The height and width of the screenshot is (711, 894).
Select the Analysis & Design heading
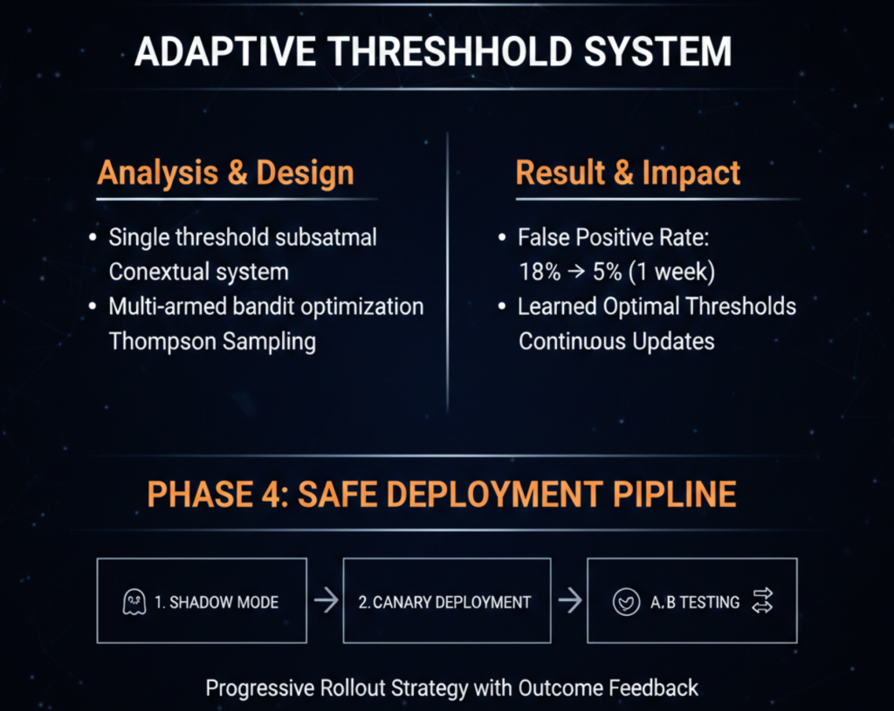[x=226, y=173]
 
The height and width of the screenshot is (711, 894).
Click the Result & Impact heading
[x=628, y=173]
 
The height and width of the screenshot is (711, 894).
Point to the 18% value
[x=540, y=272]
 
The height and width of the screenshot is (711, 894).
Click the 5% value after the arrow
[x=607, y=272]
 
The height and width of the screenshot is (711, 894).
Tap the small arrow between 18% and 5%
[x=576, y=272]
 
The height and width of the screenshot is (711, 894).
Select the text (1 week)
[x=671, y=272]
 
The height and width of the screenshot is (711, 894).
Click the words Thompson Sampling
[x=212, y=342]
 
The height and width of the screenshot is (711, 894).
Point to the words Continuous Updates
[x=616, y=341]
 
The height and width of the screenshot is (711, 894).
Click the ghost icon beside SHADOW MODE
[x=134, y=602]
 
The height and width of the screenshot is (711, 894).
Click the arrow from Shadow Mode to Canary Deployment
[x=326, y=600]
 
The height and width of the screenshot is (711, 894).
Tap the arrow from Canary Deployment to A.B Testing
[x=569, y=600]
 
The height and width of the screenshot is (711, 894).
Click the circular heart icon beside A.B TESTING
[x=626, y=602]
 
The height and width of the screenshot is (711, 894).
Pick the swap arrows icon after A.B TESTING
[x=762, y=601]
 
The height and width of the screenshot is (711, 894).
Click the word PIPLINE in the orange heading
[x=675, y=494]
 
